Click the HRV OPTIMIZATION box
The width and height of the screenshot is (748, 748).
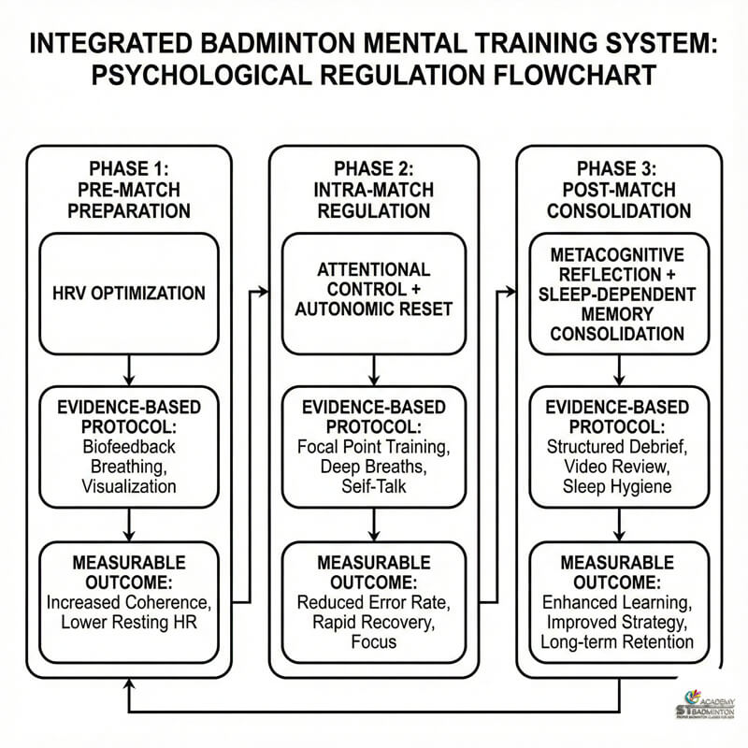[129, 294]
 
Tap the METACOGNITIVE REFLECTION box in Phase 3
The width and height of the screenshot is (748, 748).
[617, 294]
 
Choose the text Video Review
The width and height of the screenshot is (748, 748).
[617, 467]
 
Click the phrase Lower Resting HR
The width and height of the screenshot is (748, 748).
[129, 621]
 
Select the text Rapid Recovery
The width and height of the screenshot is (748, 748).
[373, 621]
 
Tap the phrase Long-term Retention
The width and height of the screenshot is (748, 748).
[617, 641]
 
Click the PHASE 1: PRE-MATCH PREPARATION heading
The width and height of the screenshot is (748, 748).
[129, 190]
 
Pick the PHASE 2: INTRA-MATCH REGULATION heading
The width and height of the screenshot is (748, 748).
[373, 190]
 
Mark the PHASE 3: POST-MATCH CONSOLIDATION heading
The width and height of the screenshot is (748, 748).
[617, 190]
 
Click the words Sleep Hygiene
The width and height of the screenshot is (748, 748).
[617, 486]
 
